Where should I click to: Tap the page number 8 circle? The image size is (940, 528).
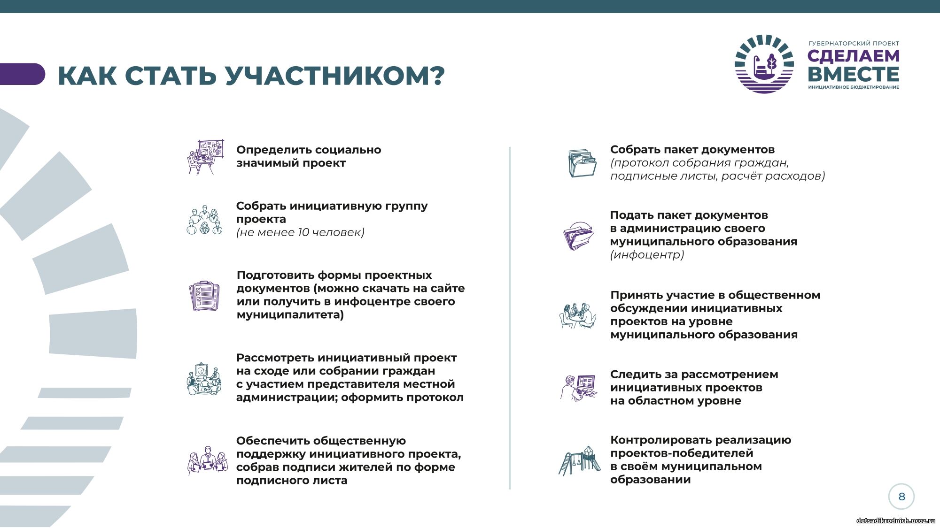(x=901, y=497)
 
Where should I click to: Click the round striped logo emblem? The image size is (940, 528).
(x=764, y=64)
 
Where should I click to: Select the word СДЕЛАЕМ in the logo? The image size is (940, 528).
(x=854, y=56)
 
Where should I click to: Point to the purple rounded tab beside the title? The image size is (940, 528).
(x=22, y=74)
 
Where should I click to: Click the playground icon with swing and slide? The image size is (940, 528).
(x=579, y=460)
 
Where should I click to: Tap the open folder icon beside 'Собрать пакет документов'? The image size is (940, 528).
(x=582, y=163)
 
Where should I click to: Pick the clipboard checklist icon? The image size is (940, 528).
(x=204, y=296)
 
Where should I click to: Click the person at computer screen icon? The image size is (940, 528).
(x=578, y=388)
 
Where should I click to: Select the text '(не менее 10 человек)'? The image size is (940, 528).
(x=300, y=232)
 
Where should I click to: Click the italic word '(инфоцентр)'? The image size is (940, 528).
(x=647, y=255)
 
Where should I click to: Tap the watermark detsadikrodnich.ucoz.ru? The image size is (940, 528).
(x=896, y=520)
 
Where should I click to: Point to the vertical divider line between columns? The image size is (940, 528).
(x=509, y=318)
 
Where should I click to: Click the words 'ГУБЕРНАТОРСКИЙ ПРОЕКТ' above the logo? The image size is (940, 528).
(x=854, y=44)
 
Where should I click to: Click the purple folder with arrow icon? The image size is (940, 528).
(x=579, y=236)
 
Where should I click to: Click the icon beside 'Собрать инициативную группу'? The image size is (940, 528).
(x=204, y=220)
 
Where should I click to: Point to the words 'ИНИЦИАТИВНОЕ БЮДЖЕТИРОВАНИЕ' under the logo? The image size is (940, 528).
(x=854, y=87)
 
